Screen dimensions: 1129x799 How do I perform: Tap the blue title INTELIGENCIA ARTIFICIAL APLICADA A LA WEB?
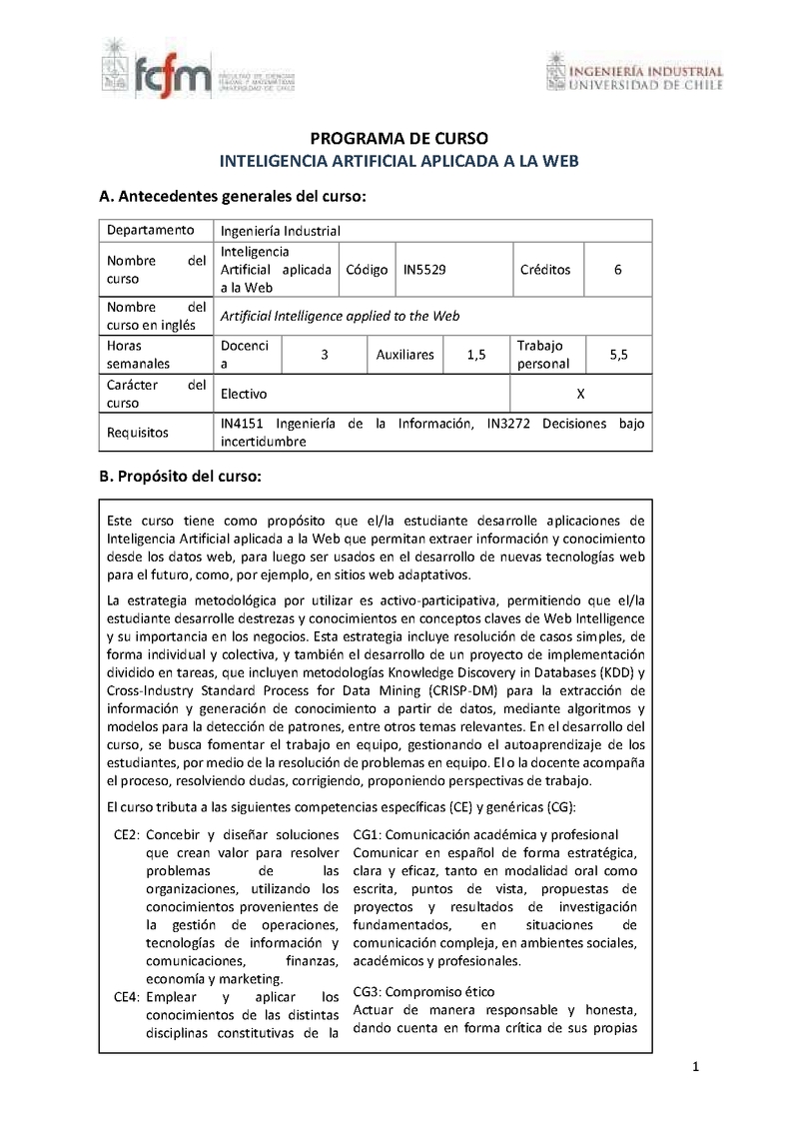point(399,160)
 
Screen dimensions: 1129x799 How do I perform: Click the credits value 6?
point(618,270)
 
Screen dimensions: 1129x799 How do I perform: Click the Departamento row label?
point(151,230)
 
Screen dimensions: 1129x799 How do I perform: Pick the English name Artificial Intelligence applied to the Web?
point(340,316)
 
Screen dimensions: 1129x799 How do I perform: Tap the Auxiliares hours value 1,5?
point(475,355)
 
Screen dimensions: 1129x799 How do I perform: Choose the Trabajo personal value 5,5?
point(617,355)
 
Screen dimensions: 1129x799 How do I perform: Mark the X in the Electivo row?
point(581,394)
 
